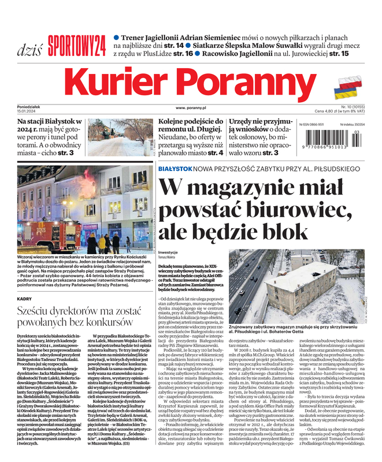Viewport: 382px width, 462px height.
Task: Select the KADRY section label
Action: (x=24, y=299)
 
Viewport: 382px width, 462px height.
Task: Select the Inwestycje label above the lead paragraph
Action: (x=168, y=253)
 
